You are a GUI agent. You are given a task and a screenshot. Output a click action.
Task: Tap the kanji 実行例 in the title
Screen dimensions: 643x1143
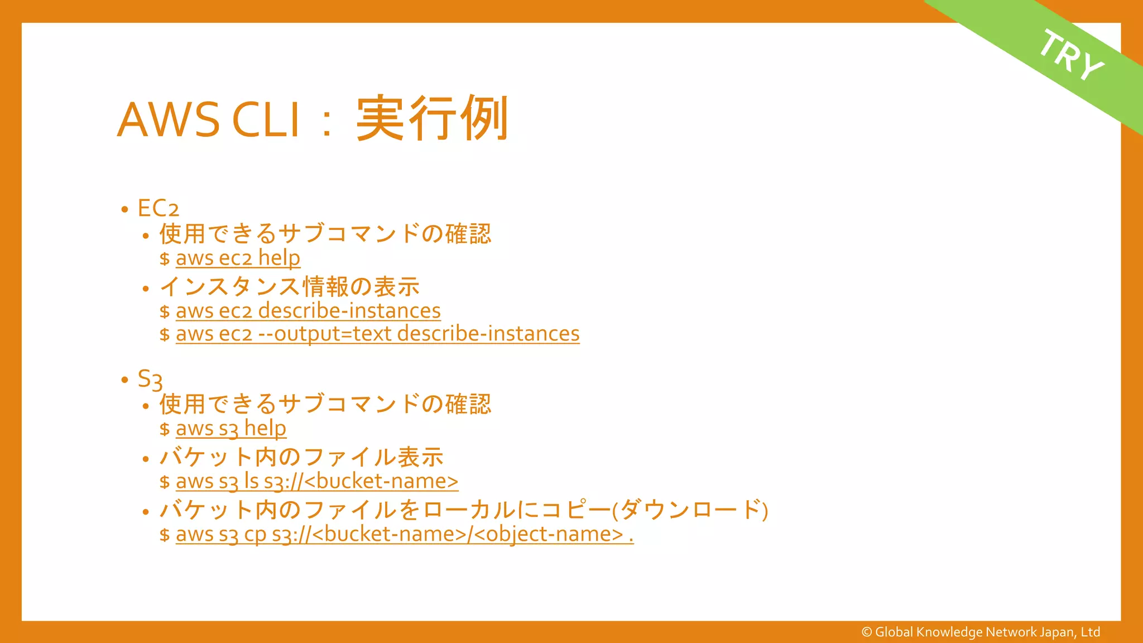(x=432, y=118)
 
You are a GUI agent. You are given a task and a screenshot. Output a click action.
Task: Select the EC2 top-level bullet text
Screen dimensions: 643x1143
(x=158, y=209)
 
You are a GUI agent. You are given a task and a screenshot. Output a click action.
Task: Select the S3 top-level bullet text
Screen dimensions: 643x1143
(x=150, y=379)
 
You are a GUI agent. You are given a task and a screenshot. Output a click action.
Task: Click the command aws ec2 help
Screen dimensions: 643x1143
(x=238, y=258)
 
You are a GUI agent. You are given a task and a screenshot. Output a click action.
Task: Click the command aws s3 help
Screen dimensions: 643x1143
(x=230, y=429)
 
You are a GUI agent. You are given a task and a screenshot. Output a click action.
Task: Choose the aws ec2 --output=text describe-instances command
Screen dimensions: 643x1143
(x=377, y=334)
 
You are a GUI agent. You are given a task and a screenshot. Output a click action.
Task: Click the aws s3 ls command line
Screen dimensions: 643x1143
(x=316, y=481)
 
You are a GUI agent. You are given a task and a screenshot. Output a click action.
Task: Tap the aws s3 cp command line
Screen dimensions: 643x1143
(x=404, y=534)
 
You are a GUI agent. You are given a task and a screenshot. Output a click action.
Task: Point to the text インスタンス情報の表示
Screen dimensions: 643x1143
(x=289, y=287)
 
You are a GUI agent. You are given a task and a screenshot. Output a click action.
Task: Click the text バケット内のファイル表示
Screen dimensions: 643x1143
(x=301, y=457)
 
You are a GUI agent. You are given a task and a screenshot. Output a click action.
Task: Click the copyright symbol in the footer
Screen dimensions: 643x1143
(x=867, y=632)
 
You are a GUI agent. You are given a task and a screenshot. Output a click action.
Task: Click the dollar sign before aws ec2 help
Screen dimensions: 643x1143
(x=164, y=259)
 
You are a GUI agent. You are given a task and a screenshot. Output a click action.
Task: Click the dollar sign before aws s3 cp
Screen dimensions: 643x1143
(x=164, y=535)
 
